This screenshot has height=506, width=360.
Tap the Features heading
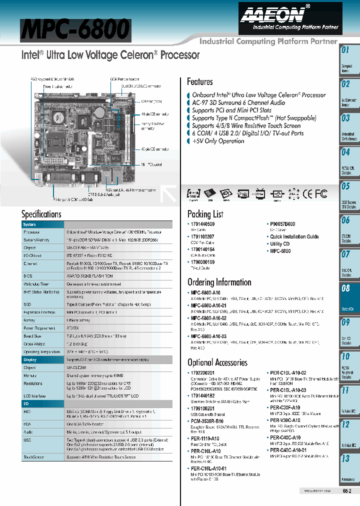pos(199,81)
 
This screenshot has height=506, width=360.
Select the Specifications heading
pos(41,214)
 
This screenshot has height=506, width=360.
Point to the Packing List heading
pos(205,214)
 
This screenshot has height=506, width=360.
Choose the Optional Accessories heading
pos(217,362)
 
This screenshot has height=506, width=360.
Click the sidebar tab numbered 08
pos(346,295)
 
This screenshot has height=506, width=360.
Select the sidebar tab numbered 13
pos(346,465)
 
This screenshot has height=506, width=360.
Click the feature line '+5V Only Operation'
pos(218,141)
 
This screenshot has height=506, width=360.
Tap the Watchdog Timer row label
pos(36,283)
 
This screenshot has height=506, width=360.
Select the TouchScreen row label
pos(33,457)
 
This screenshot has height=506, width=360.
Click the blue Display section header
pos(30,359)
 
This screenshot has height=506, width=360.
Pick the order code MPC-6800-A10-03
pos(208,336)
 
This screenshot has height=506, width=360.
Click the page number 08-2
pos(347,491)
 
